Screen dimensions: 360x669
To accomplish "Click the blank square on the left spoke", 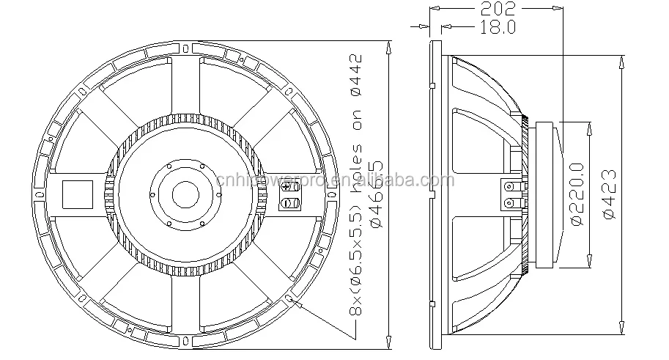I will coord(77,194).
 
